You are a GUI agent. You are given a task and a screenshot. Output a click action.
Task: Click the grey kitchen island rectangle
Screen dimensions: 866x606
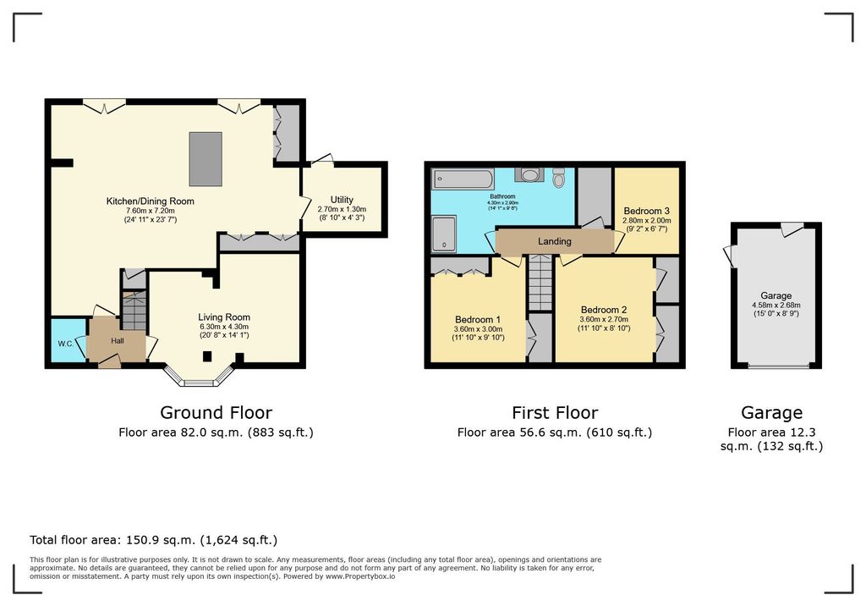coord(206,158)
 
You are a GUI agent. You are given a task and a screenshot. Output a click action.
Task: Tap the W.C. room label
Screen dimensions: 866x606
coord(66,344)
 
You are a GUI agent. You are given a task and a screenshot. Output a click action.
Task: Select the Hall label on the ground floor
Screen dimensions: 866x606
coord(117,341)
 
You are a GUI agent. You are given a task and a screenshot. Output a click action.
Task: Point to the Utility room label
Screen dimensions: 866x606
coord(342,200)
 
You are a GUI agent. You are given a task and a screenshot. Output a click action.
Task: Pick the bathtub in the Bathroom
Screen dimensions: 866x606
coord(463,179)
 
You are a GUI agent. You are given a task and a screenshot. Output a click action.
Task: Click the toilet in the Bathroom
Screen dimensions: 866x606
coord(559,177)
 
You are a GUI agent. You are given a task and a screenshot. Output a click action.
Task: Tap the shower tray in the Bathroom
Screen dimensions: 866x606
coord(444,233)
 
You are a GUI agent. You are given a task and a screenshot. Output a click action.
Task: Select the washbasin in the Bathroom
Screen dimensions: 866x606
coord(529,175)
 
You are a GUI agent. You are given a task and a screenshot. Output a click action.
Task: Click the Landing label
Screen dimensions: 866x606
coord(555,241)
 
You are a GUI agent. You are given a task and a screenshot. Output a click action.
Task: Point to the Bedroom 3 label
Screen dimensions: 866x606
coord(646,211)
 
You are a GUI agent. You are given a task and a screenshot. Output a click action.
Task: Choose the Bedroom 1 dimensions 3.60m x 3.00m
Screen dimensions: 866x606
coord(479,329)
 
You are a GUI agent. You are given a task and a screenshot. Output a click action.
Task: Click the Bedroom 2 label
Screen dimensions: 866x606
coord(604,310)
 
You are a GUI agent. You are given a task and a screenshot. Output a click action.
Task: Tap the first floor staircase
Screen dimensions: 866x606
coord(540,283)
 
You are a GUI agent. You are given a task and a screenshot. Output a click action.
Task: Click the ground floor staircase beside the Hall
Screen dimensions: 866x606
coord(134,310)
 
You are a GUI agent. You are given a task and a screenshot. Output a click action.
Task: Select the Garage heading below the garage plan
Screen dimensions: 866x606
coord(771,412)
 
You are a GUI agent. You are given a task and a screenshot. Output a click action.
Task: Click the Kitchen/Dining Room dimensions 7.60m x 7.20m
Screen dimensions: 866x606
coord(151,211)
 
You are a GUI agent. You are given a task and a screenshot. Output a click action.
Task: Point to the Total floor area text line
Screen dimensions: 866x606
coord(154,540)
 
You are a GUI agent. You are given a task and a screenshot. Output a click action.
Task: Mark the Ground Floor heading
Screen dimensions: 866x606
coord(216,412)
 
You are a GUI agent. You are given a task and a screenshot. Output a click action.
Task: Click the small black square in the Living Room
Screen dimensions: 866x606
coord(207,356)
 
